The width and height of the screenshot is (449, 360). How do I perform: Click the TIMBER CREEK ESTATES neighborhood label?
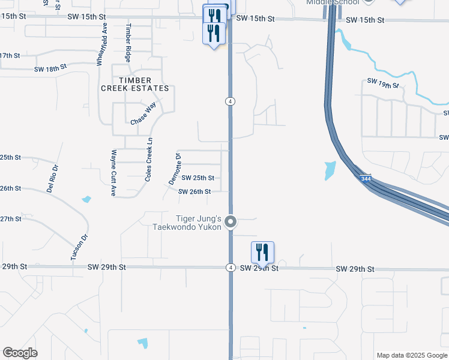[134, 84]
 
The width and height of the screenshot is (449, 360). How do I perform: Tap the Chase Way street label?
[143, 114]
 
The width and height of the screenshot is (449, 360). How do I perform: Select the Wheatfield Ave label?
[101, 44]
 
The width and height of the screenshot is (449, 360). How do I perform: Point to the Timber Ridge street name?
[128, 43]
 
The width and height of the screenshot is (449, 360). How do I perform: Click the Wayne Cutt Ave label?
[112, 173]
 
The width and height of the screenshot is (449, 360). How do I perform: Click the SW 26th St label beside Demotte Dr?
[194, 192]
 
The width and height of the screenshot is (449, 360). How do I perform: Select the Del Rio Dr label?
[53, 178]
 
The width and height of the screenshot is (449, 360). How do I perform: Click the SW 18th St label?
[50, 69]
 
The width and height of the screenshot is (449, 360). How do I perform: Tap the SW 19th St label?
[383, 83]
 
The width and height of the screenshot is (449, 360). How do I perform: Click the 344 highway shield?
[365, 178]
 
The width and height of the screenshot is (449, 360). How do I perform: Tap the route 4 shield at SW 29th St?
[231, 267]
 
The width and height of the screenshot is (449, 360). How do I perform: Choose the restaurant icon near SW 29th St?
[262, 252]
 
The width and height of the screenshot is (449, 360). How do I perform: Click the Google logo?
[20, 353]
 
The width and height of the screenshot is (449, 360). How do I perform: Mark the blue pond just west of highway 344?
[330, 171]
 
